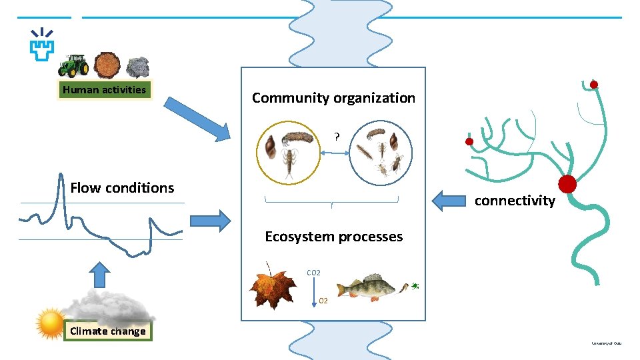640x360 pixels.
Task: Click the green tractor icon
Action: tap(73, 65)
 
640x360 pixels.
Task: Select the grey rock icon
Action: tap(138, 67)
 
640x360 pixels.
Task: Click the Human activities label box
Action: tap(104, 90)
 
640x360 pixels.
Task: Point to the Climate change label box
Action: tap(107, 331)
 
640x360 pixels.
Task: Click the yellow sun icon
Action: tap(51, 323)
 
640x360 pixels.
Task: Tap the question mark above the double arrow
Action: tap(337, 137)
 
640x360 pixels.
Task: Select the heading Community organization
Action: tap(333, 98)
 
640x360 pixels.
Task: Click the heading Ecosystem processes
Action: tap(333, 237)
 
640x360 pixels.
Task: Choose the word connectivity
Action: tap(514, 201)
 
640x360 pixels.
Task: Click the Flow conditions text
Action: tap(122, 188)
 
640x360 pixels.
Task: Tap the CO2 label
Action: tap(313, 273)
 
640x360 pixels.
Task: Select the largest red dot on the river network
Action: tap(567, 184)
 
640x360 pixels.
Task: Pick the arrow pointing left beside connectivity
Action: tap(449, 200)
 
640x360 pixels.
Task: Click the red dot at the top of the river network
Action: tap(593, 84)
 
